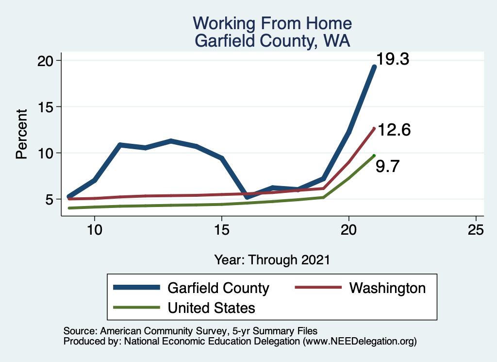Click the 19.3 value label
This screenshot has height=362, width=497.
[394, 59]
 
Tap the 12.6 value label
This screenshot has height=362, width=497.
[394, 130]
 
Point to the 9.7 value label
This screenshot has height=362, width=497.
[387, 167]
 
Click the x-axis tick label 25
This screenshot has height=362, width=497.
[476, 229]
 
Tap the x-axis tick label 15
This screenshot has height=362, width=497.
[221, 229]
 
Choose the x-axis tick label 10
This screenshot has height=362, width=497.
[94, 229]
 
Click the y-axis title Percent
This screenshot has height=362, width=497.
[21, 134]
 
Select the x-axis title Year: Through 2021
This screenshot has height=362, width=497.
[272, 259]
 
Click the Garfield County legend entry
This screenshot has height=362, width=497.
[218, 288]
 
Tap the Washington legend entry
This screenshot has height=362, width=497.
[387, 288]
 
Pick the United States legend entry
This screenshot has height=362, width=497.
[211, 308]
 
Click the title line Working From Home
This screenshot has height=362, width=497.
[272, 23]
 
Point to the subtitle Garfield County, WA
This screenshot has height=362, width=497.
[272, 40]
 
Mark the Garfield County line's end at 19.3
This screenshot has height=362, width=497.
[374, 67]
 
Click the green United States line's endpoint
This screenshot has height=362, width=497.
[374, 155]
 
